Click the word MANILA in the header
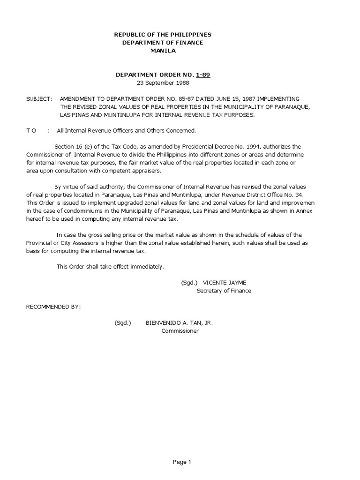163,51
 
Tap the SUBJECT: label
39,99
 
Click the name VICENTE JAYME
224,283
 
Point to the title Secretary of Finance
224,291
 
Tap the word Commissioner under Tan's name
180,331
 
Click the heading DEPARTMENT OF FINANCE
163,43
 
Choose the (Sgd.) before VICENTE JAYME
189,283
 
